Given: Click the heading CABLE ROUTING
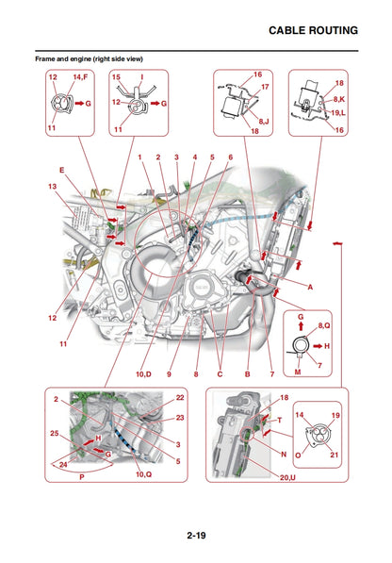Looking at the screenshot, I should [313, 30].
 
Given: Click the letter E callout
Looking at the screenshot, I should [62, 171].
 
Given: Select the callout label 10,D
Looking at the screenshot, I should [143, 374].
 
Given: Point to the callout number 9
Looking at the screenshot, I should [171, 374].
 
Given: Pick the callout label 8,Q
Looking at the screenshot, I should [324, 324].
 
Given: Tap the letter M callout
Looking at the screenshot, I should [297, 372].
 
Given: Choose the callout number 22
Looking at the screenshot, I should [180, 397].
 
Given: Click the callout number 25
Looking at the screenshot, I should [53, 434].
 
